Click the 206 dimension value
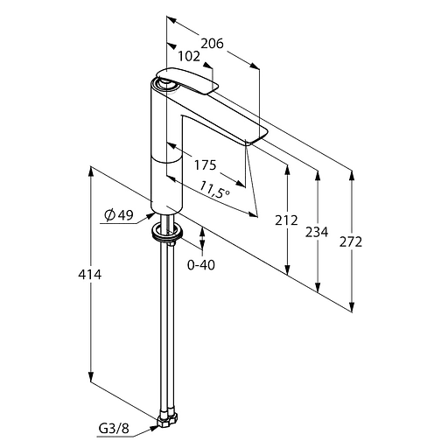[213, 44]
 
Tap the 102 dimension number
[189, 56]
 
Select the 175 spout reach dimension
[206, 165]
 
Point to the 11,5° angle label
[214, 189]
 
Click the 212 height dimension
[286, 220]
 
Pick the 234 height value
[317, 232]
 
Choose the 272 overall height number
[351, 242]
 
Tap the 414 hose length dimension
[90, 275]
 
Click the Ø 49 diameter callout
[119, 215]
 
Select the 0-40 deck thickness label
[201, 265]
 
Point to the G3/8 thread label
[114, 429]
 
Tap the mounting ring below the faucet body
[167, 233]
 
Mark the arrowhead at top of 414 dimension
[91, 171]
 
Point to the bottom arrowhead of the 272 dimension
[352, 307]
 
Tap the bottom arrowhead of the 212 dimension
[288, 269]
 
